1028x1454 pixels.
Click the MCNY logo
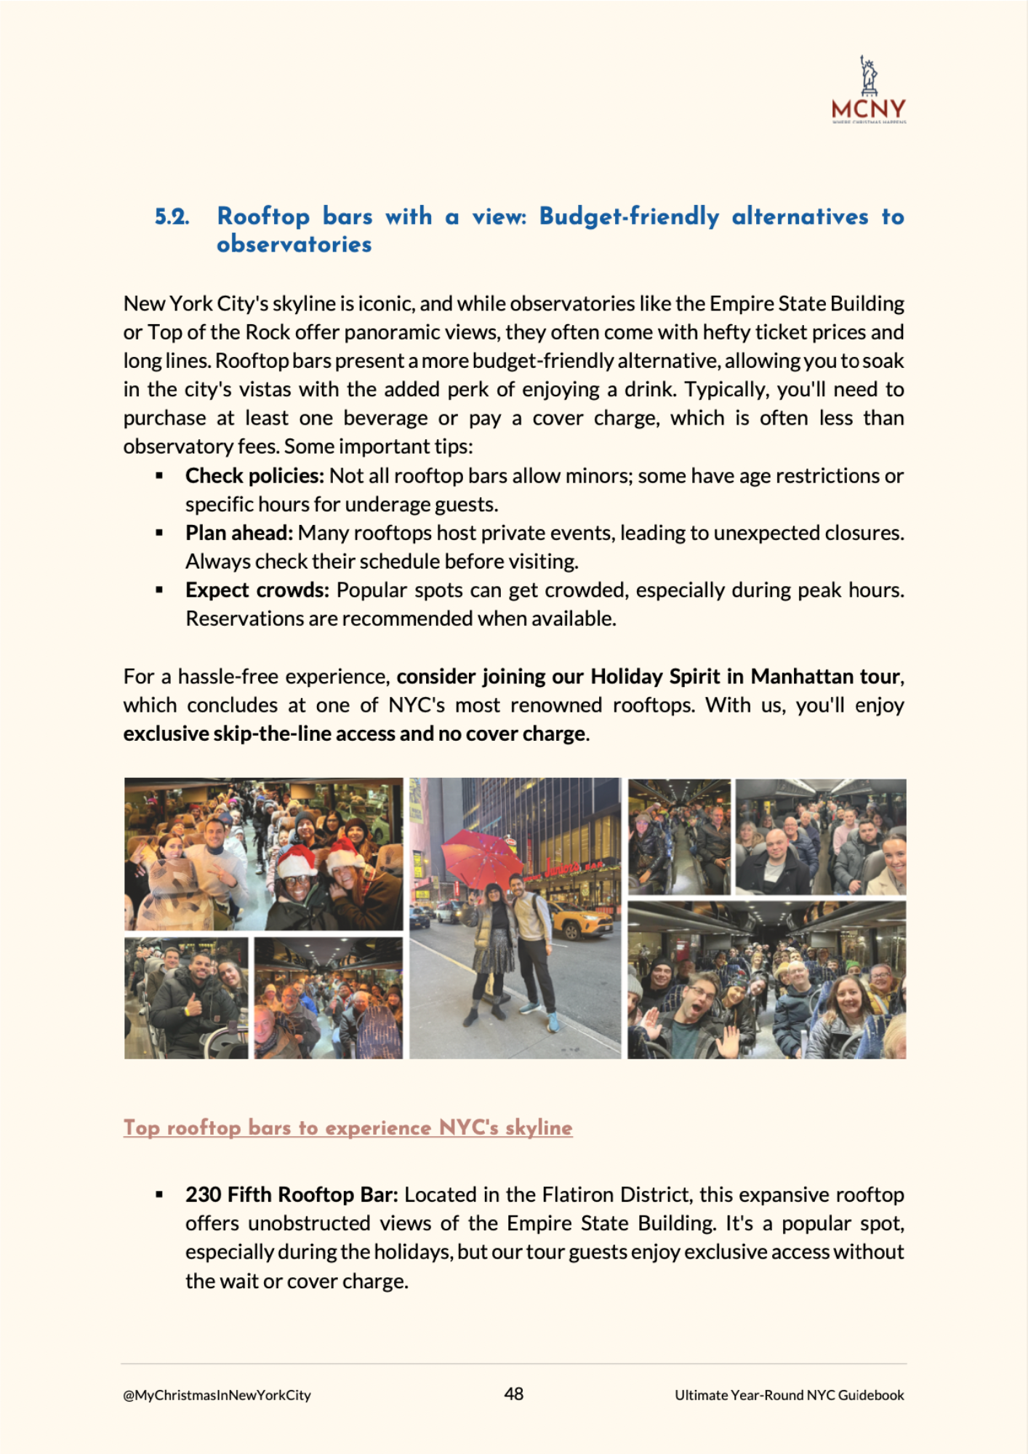(x=869, y=91)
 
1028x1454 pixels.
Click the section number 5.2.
(x=172, y=217)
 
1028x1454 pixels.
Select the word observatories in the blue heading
(x=294, y=244)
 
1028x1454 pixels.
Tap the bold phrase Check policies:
(x=254, y=475)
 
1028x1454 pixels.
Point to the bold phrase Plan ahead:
(x=238, y=533)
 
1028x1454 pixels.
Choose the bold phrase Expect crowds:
(x=257, y=590)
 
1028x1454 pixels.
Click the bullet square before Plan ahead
(x=159, y=533)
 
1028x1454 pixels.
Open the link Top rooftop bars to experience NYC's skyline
(x=348, y=1128)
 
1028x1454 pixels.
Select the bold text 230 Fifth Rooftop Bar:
(x=292, y=1194)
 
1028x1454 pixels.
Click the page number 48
(x=513, y=1394)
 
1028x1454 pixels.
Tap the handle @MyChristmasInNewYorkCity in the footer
(x=217, y=1395)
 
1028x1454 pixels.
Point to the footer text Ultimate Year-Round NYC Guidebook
(x=789, y=1395)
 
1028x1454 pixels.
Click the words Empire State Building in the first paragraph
(x=806, y=303)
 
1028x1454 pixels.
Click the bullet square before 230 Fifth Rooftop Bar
(x=159, y=1194)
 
